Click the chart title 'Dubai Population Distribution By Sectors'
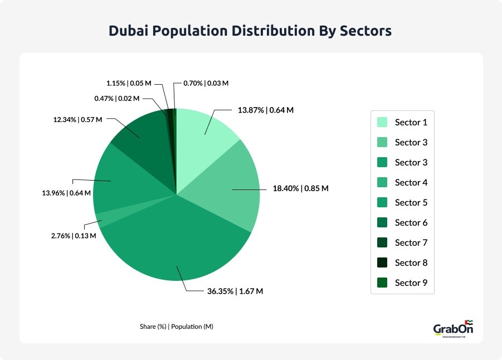tap(251, 31)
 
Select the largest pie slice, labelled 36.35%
tap(178, 245)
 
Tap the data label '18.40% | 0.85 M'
tap(301, 188)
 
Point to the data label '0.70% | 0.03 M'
tap(206, 83)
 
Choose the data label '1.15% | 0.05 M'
tap(129, 83)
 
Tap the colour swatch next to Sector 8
tap(382, 262)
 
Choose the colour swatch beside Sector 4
tap(382, 182)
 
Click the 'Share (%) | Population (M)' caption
tap(176, 327)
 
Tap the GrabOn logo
tap(453, 329)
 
